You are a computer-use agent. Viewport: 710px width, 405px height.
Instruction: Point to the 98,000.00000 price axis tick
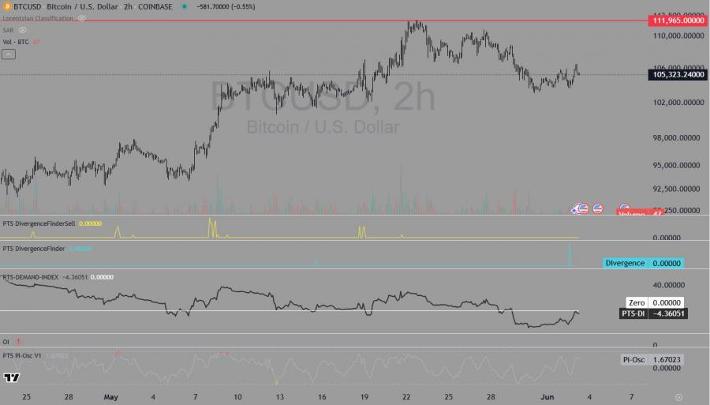coord(678,138)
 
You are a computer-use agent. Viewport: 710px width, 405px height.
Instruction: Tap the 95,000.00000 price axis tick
coord(678,166)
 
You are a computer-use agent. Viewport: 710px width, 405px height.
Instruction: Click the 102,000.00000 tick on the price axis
coord(678,103)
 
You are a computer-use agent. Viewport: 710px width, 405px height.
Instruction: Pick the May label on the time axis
coord(111,396)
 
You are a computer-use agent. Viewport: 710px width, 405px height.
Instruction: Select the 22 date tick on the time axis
coord(406,396)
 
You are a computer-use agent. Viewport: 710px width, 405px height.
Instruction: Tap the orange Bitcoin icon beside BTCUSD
coord(7,6)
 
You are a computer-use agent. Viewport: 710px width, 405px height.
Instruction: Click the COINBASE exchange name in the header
coord(159,6)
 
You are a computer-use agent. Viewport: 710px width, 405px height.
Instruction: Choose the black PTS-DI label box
coord(633,313)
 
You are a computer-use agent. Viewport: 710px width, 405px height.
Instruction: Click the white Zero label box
coord(637,302)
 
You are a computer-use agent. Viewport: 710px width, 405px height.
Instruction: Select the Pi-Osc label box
coord(633,360)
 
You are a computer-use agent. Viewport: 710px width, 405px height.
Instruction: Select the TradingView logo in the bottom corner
coord(11,377)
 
